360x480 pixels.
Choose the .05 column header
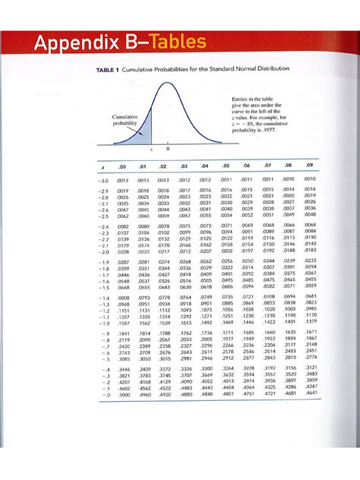pos(226,165)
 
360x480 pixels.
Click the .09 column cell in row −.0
pos(310,393)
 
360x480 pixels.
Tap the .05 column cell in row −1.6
pos(226,280)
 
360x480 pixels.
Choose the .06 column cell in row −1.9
pos(248,260)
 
